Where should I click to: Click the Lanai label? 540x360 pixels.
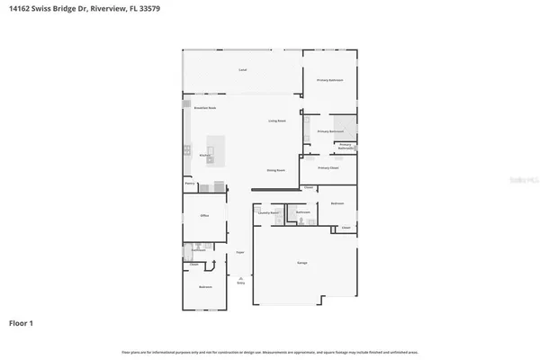[x=242, y=69]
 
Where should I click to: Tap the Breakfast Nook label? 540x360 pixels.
[x=204, y=108]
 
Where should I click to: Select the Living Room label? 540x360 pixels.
[x=276, y=121]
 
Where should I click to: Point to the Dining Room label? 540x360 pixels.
[x=275, y=169]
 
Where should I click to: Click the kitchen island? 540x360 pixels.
[x=216, y=149]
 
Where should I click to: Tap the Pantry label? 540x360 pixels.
[x=190, y=184]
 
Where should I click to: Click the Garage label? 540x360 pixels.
[x=302, y=262]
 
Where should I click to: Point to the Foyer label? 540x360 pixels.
[x=240, y=252]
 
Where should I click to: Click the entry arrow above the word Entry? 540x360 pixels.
[x=240, y=276]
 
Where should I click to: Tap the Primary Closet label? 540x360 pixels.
[x=328, y=168]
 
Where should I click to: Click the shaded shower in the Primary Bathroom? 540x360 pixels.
[x=344, y=124]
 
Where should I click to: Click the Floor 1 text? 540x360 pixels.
[x=22, y=321]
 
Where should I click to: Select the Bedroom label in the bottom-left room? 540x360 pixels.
[x=204, y=288]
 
